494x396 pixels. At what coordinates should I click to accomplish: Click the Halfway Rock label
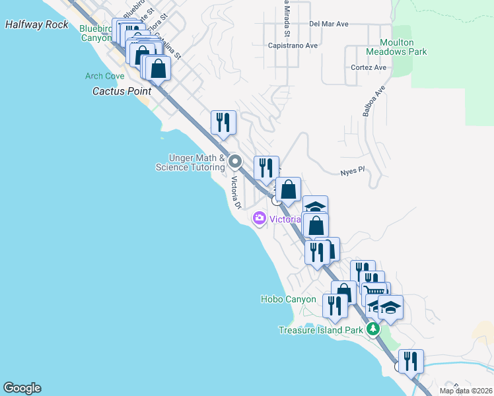(36, 24)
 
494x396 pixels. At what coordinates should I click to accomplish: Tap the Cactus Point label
(122, 91)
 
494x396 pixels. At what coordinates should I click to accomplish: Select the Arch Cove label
(104, 77)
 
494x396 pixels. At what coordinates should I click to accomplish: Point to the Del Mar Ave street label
(328, 24)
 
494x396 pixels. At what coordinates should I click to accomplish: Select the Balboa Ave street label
(373, 100)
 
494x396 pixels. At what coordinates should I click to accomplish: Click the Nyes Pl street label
(352, 170)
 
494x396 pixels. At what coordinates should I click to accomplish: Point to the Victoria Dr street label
(236, 193)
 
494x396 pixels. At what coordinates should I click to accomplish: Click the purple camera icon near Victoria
(259, 218)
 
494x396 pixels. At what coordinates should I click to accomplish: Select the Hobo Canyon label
(288, 299)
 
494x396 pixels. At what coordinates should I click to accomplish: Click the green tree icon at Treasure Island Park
(374, 328)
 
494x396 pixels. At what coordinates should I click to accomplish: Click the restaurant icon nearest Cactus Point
(223, 122)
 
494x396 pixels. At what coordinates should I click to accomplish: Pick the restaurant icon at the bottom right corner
(411, 360)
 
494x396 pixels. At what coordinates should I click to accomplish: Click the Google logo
(22, 388)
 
